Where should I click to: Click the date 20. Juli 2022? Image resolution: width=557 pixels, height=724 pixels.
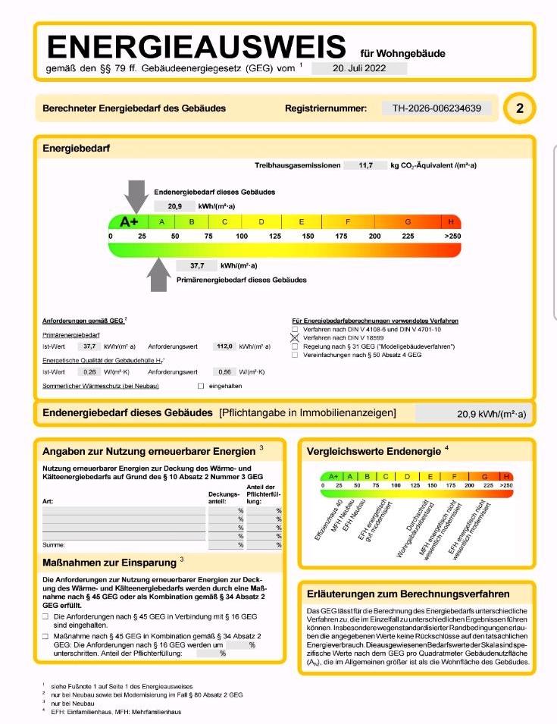[x=358, y=67]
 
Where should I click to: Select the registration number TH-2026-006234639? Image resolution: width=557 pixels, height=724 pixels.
[x=437, y=108]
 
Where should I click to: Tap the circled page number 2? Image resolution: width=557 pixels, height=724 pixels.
[x=519, y=108]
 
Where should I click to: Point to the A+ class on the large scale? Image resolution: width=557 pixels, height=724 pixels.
[x=130, y=221]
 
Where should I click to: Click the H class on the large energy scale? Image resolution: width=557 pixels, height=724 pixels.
[x=452, y=221]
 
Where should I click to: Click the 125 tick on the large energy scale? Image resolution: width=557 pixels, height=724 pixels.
[x=275, y=237]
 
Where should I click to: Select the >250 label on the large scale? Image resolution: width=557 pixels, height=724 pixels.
[x=452, y=237]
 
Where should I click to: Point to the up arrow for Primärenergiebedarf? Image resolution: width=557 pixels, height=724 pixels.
[x=158, y=274]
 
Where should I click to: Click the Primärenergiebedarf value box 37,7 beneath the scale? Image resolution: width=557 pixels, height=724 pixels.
[x=198, y=265]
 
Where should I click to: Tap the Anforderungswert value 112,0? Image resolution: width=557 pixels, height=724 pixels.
[x=223, y=346]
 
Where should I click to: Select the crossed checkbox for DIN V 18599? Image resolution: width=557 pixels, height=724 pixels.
[x=296, y=337]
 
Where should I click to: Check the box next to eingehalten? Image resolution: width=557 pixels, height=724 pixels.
[x=201, y=386]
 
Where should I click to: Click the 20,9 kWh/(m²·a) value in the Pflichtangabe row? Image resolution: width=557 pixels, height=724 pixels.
[x=491, y=415]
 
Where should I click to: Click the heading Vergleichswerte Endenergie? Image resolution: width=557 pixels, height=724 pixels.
[x=374, y=452]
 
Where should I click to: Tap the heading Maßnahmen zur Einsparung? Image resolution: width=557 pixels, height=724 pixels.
[x=109, y=563]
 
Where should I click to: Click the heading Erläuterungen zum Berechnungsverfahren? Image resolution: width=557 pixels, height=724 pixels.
[x=408, y=594]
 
